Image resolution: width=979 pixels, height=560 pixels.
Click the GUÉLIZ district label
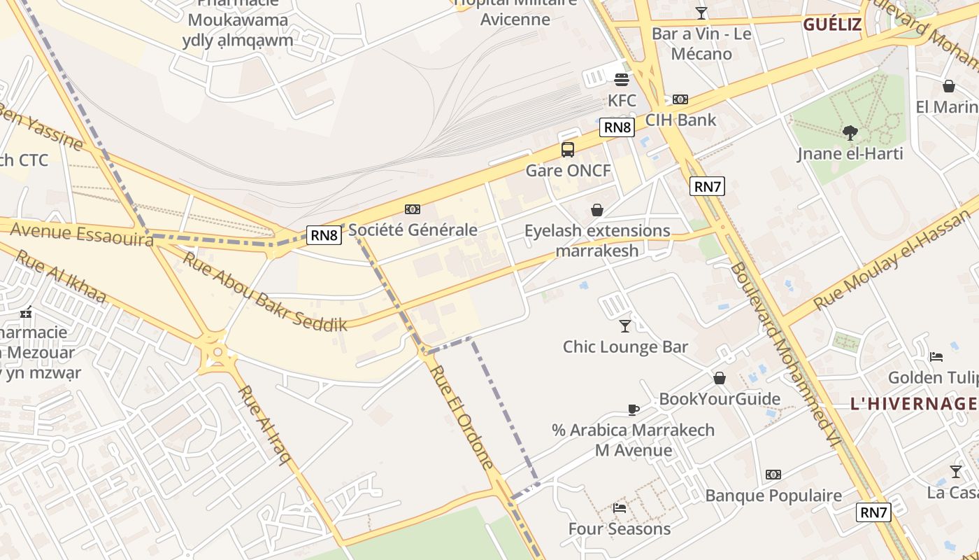832,25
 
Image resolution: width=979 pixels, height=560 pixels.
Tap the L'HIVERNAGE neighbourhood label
913,403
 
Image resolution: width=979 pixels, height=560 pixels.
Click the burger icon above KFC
621,80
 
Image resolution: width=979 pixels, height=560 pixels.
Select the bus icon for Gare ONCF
568,149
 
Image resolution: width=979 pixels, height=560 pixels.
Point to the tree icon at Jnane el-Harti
850,132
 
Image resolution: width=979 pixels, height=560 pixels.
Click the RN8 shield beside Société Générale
324,235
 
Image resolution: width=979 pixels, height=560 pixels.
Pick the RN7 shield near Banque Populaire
873,512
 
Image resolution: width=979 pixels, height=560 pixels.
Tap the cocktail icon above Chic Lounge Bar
625,325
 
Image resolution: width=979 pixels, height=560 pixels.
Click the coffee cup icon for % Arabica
634,409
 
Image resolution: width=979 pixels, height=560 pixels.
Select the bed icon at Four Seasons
620,507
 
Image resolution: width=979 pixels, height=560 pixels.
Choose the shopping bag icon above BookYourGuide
720,379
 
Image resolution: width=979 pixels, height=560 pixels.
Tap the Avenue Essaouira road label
82,234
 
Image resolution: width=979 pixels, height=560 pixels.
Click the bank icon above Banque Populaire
773,475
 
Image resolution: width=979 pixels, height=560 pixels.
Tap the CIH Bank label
680,120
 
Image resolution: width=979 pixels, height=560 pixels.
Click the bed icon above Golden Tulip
936,357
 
